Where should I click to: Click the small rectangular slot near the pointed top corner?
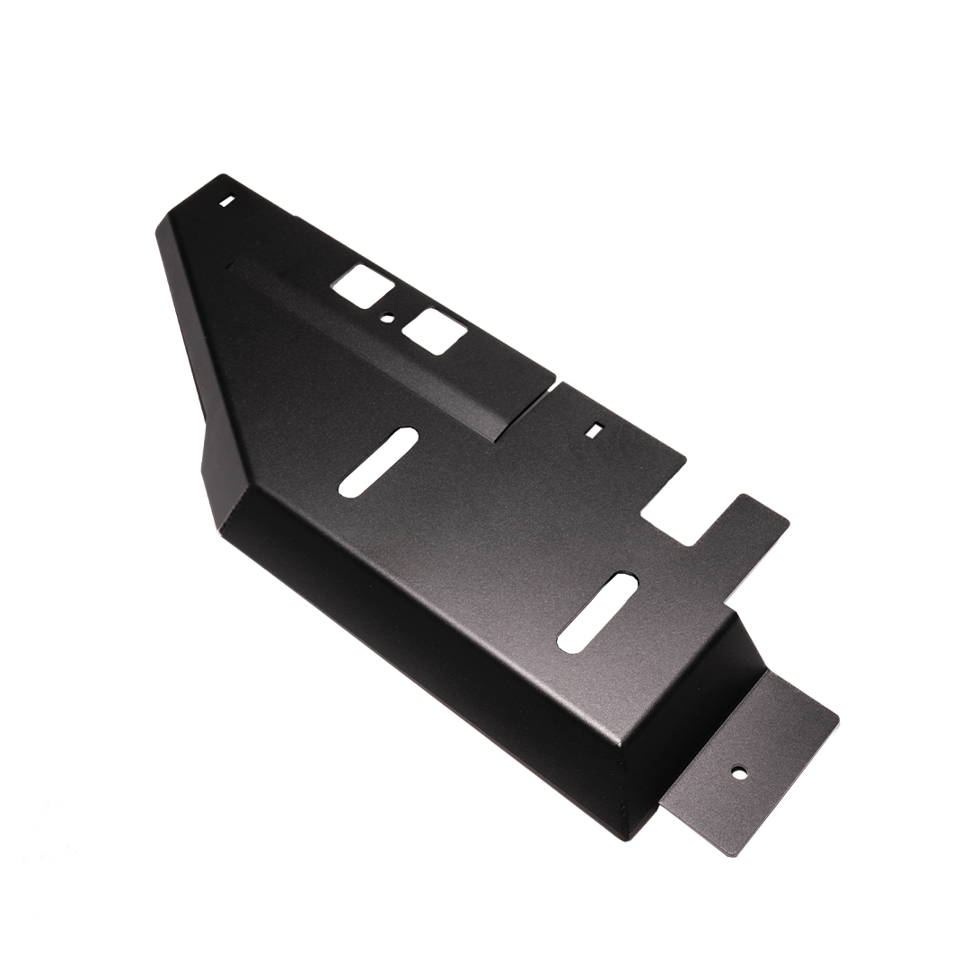pyautogui.click(x=226, y=201)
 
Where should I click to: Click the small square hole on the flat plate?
pyautogui.click(x=593, y=430)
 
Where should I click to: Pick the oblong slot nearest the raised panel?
pyautogui.click(x=378, y=461)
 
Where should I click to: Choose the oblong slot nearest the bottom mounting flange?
pyautogui.click(x=597, y=611)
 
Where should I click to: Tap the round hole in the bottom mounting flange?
pyautogui.click(x=738, y=771)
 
